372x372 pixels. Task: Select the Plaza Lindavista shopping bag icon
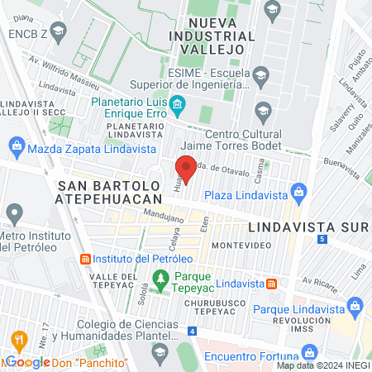coord(298,194)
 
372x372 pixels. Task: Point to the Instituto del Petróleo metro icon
coord(85,260)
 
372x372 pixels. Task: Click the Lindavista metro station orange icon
coord(271,284)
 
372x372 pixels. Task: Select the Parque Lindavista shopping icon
coord(355,308)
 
